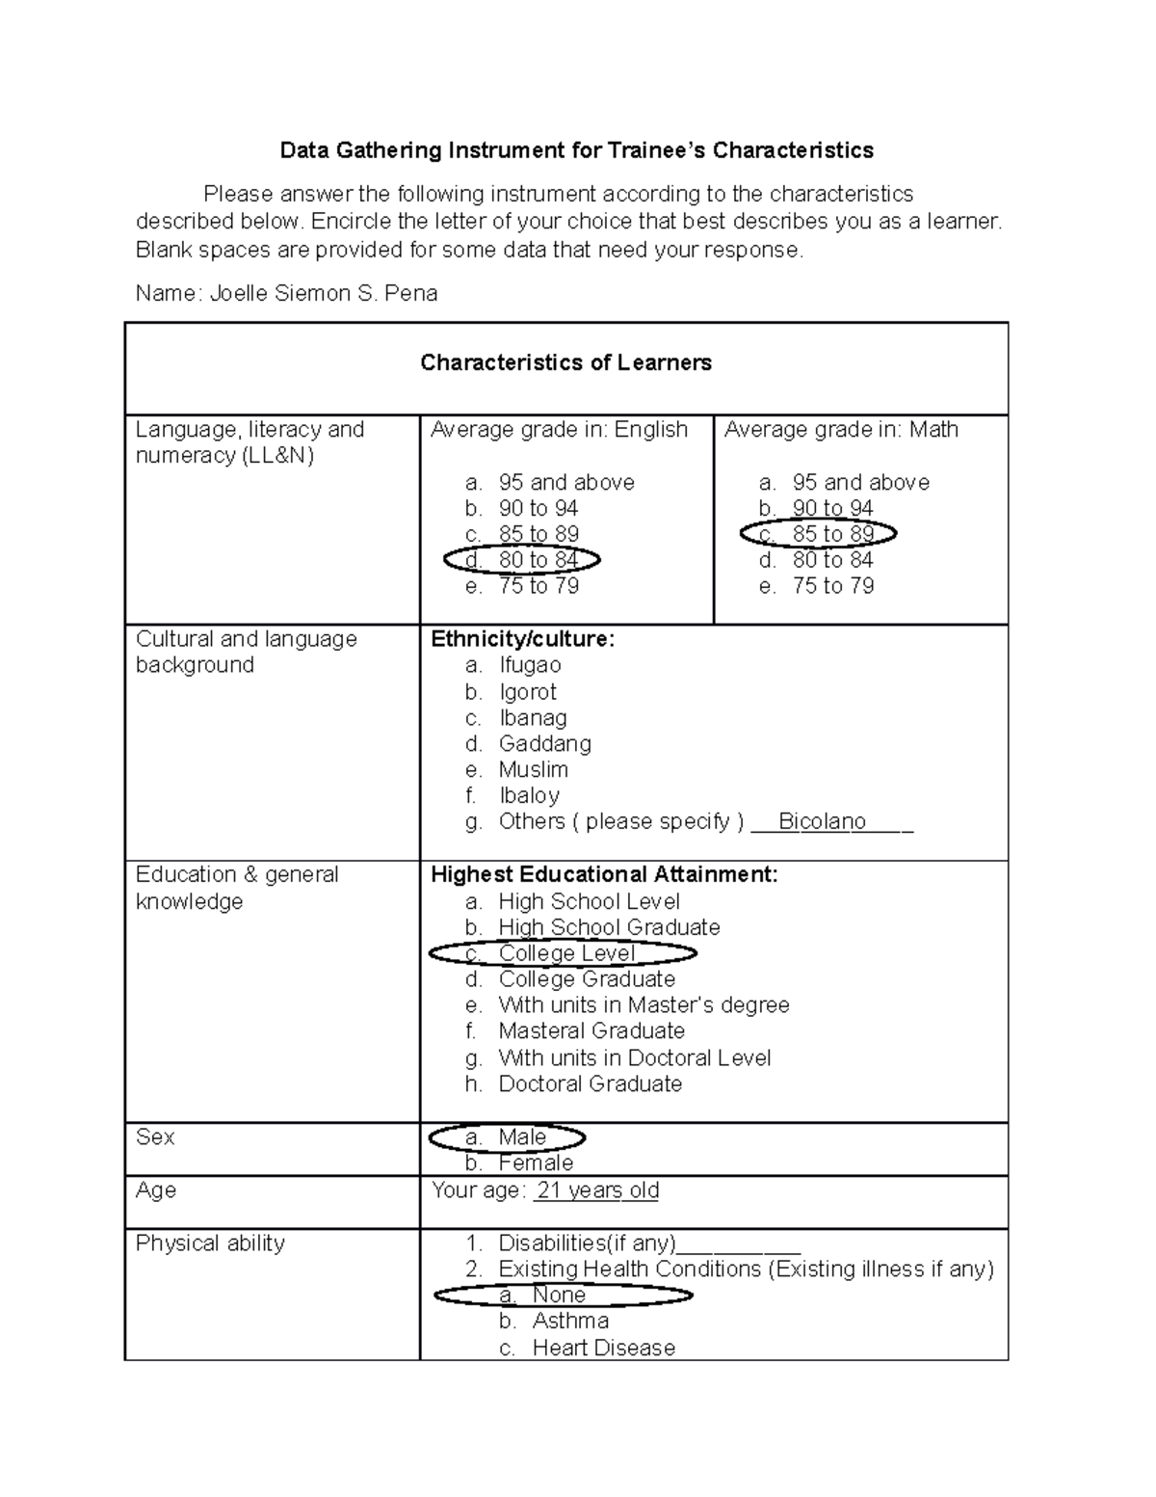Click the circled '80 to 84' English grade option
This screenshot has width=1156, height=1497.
point(522,560)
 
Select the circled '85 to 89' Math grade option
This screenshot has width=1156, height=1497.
point(818,534)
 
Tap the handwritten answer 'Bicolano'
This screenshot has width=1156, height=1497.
point(822,821)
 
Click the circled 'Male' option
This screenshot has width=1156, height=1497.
point(507,1137)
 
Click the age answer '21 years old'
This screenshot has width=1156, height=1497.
point(596,1190)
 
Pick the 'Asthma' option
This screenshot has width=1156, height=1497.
point(569,1322)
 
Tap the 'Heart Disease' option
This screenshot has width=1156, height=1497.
point(603,1348)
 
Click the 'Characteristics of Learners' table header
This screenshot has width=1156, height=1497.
point(565,363)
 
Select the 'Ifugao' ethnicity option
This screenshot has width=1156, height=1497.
point(529,665)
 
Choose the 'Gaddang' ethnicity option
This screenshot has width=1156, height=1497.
point(544,743)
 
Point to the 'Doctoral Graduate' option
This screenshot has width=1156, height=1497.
point(590,1084)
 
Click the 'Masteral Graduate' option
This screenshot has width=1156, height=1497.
point(591,1031)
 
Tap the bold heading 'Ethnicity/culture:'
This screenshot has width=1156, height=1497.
point(522,639)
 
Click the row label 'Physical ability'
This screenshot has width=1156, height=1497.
point(210,1243)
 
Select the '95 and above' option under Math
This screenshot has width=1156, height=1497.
point(860,482)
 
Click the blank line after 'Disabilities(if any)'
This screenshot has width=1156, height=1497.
point(739,1245)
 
